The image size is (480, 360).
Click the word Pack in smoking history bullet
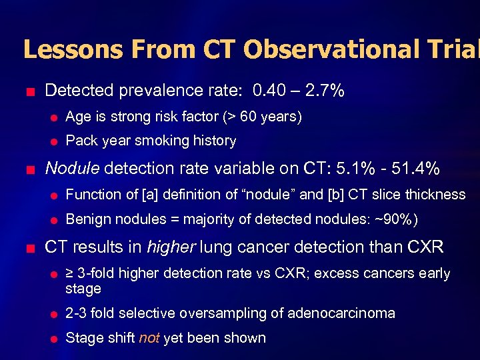(x=79, y=141)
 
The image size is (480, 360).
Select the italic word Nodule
(x=71, y=168)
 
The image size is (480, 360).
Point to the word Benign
(x=85, y=219)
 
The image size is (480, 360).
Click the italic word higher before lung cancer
(x=171, y=247)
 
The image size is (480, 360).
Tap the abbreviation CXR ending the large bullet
(x=424, y=247)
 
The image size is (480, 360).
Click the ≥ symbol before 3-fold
(x=70, y=274)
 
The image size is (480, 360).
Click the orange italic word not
(x=149, y=338)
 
